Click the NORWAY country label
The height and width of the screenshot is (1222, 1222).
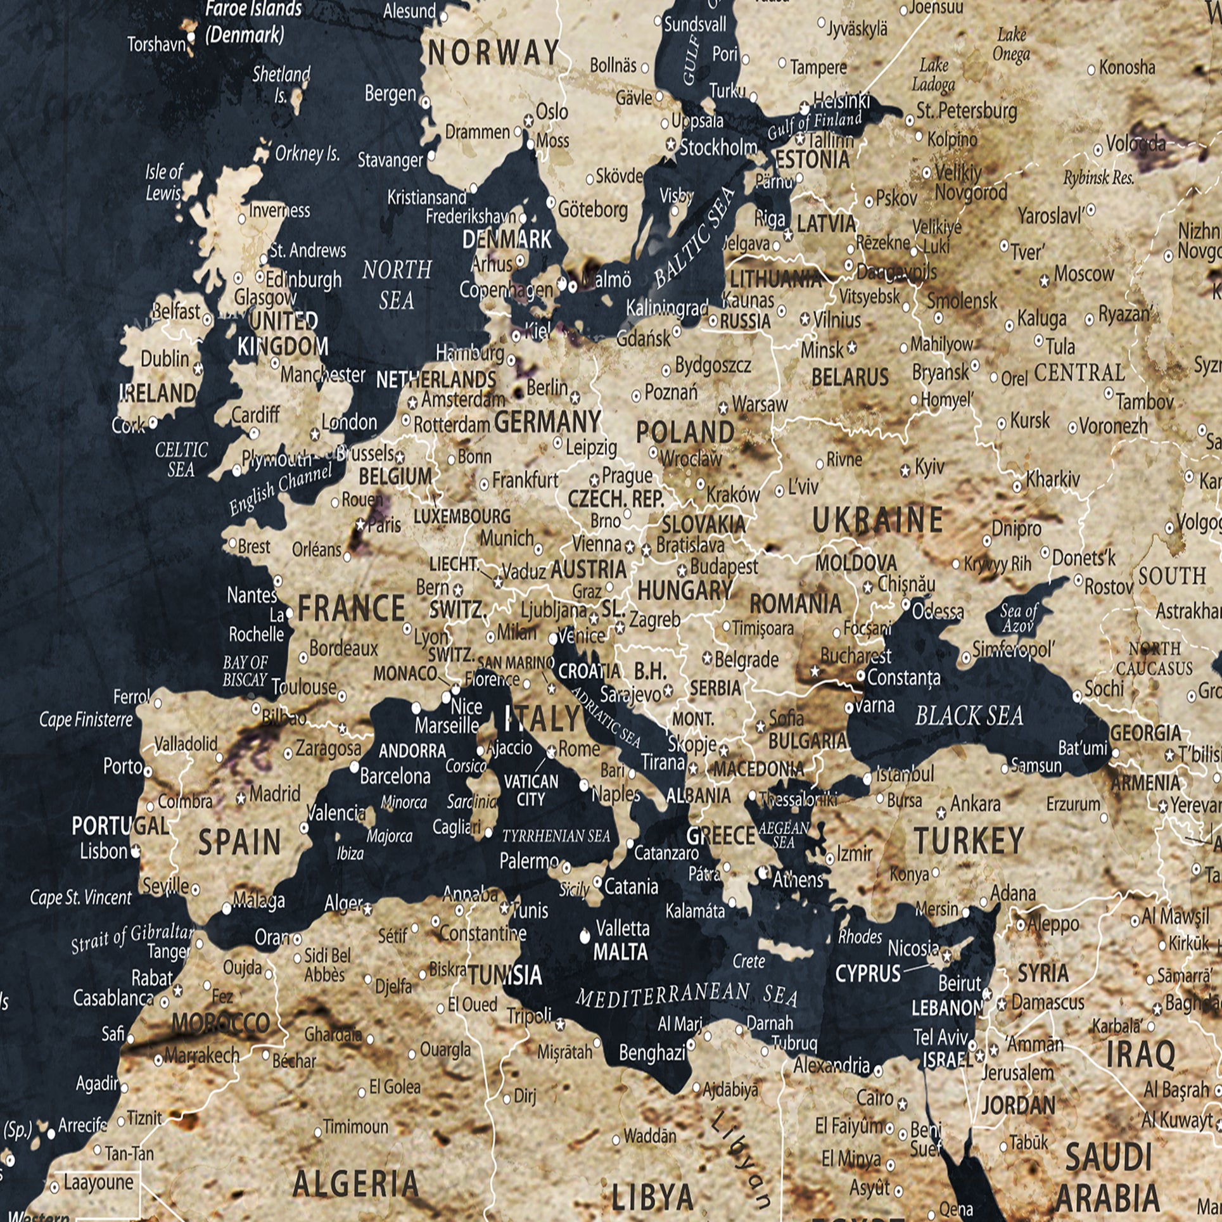tap(493, 53)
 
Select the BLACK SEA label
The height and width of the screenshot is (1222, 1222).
tap(969, 716)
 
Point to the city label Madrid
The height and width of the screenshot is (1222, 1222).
tap(274, 794)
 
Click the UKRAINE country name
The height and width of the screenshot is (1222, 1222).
tap(878, 520)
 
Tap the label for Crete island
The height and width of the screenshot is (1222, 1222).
tap(749, 961)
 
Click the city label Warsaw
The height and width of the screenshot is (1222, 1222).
tap(760, 404)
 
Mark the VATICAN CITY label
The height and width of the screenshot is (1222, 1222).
tap(531, 790)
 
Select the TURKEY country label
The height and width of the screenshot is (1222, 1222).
tap(969, 841)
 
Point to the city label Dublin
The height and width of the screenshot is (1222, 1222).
tap(165, 359)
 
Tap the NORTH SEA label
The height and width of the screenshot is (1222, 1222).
tap(397, 284)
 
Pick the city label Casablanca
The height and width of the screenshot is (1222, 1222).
tap(113, 998)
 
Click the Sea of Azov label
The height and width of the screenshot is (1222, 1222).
tap(1019, 618)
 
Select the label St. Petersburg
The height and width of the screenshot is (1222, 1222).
tap(966, 111)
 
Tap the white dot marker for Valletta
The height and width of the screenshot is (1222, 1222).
tap(585, 936)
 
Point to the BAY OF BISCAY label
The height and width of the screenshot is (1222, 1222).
tap(245, 671)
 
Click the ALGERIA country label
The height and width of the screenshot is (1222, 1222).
tap(355, 1183)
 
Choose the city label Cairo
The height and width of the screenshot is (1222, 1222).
tap(875, 1097)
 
